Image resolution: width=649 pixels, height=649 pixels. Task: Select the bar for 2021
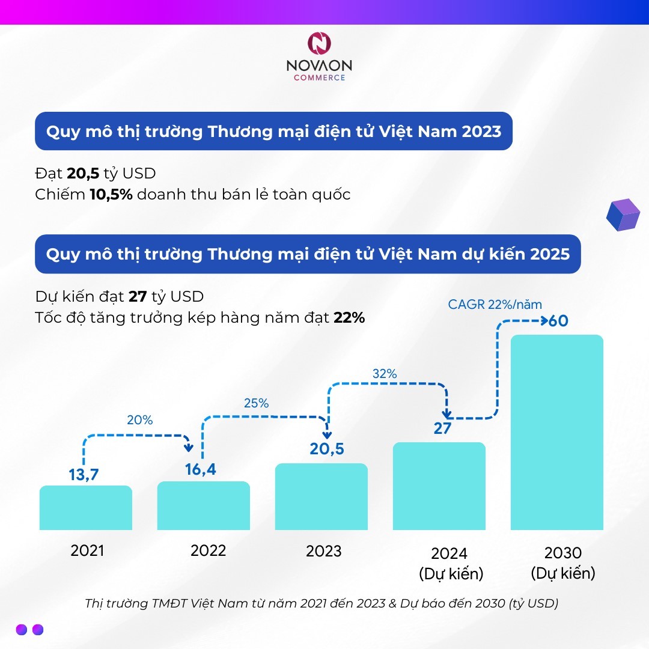86,508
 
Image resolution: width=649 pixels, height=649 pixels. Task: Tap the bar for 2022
204,505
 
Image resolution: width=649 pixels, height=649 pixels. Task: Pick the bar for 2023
321,497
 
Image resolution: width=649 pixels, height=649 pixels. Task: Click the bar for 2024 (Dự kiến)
439,486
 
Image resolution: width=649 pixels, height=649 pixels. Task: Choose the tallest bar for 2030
557,433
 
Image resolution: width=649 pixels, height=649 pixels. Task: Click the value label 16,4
200,469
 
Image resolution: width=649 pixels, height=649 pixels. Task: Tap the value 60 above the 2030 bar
558,320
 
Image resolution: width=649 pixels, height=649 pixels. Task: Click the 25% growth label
256,403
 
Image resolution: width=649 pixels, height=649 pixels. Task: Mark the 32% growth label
385,373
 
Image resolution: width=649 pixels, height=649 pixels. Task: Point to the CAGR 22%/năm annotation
495,305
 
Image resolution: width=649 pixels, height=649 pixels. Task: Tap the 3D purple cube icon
623,213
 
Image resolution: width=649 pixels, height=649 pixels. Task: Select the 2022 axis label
208,550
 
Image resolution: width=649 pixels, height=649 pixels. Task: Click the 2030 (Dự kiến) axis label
563,562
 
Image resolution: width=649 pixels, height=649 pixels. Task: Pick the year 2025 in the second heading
550,254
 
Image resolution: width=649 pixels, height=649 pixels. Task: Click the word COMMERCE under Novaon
319,78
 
